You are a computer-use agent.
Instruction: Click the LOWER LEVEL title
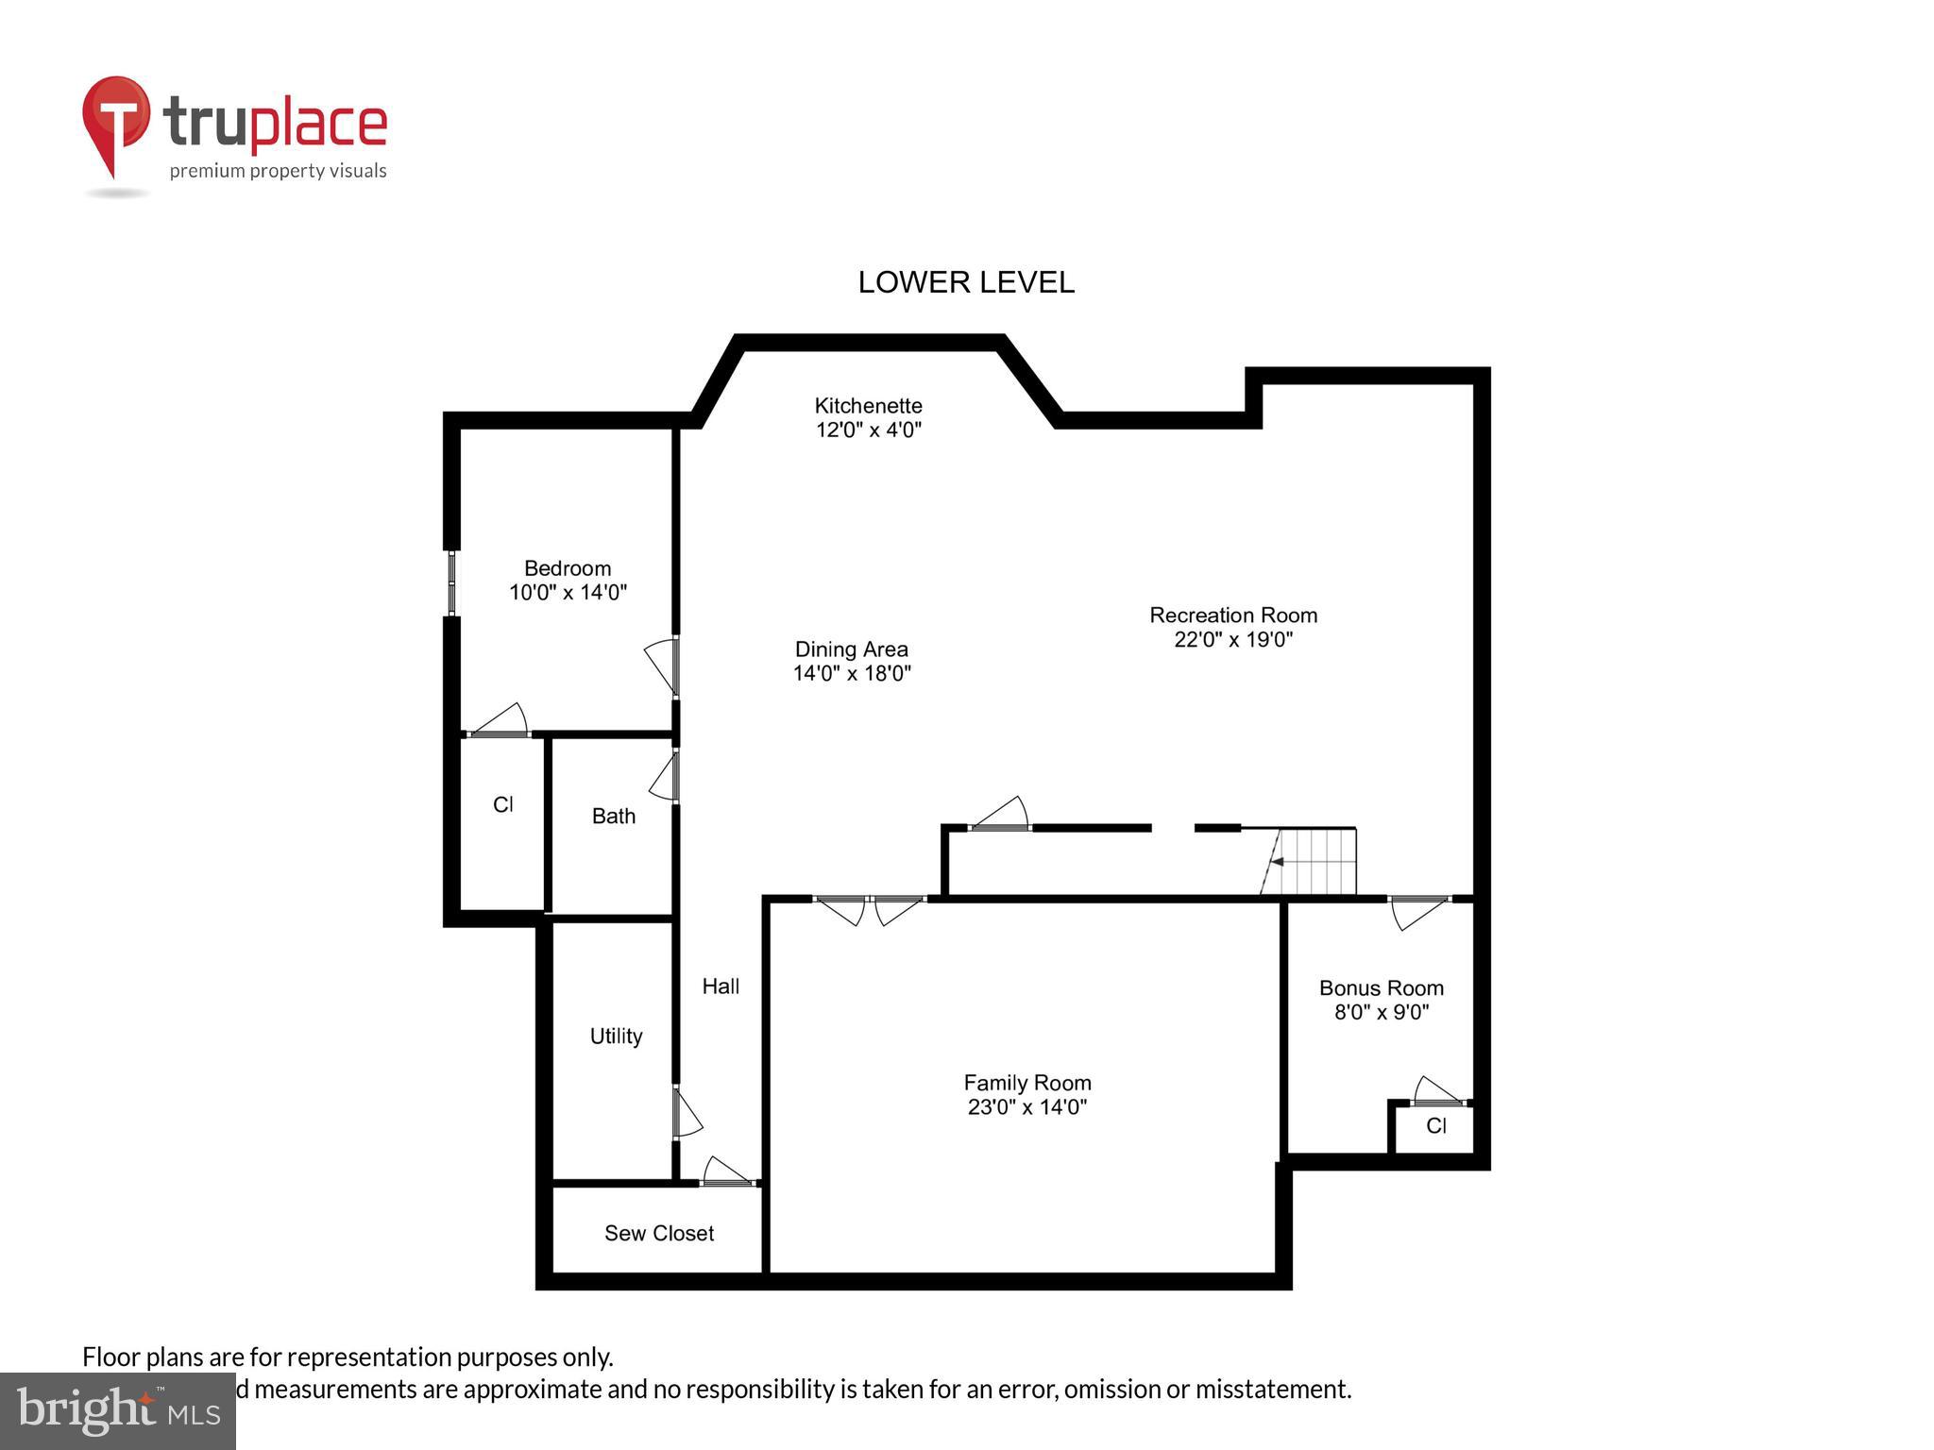965,282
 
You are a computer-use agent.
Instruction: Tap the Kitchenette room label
868,406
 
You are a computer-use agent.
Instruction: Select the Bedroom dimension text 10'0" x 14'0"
568,593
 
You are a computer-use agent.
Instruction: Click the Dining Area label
851,649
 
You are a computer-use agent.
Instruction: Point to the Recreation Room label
1232,615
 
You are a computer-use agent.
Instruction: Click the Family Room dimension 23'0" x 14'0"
1026,1107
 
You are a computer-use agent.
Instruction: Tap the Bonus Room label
1381,988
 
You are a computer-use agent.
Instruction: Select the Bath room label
613,817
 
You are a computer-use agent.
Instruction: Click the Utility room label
616,1037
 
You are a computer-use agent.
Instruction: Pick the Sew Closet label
658,1234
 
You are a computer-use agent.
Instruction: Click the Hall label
721,986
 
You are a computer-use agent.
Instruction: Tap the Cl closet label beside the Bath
502,805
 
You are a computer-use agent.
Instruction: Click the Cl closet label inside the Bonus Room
1435,1126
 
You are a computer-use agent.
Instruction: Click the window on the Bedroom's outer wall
451,582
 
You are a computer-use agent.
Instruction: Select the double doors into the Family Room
869,907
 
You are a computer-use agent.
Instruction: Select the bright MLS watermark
118,1410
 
